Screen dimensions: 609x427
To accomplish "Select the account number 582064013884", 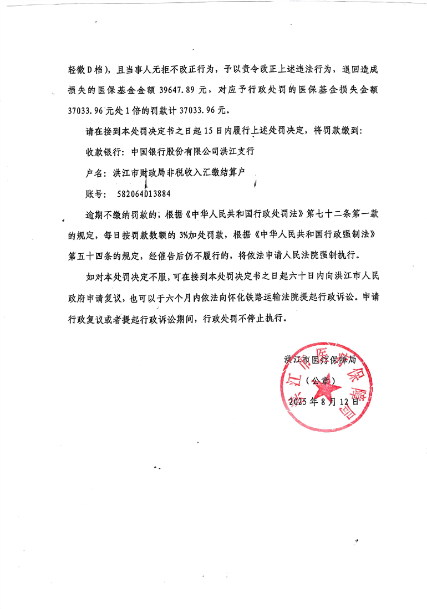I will tap(144, 194).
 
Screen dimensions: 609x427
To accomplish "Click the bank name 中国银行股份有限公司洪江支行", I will tap(192, 151).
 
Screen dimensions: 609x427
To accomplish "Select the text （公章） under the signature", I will tap(322, 381).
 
